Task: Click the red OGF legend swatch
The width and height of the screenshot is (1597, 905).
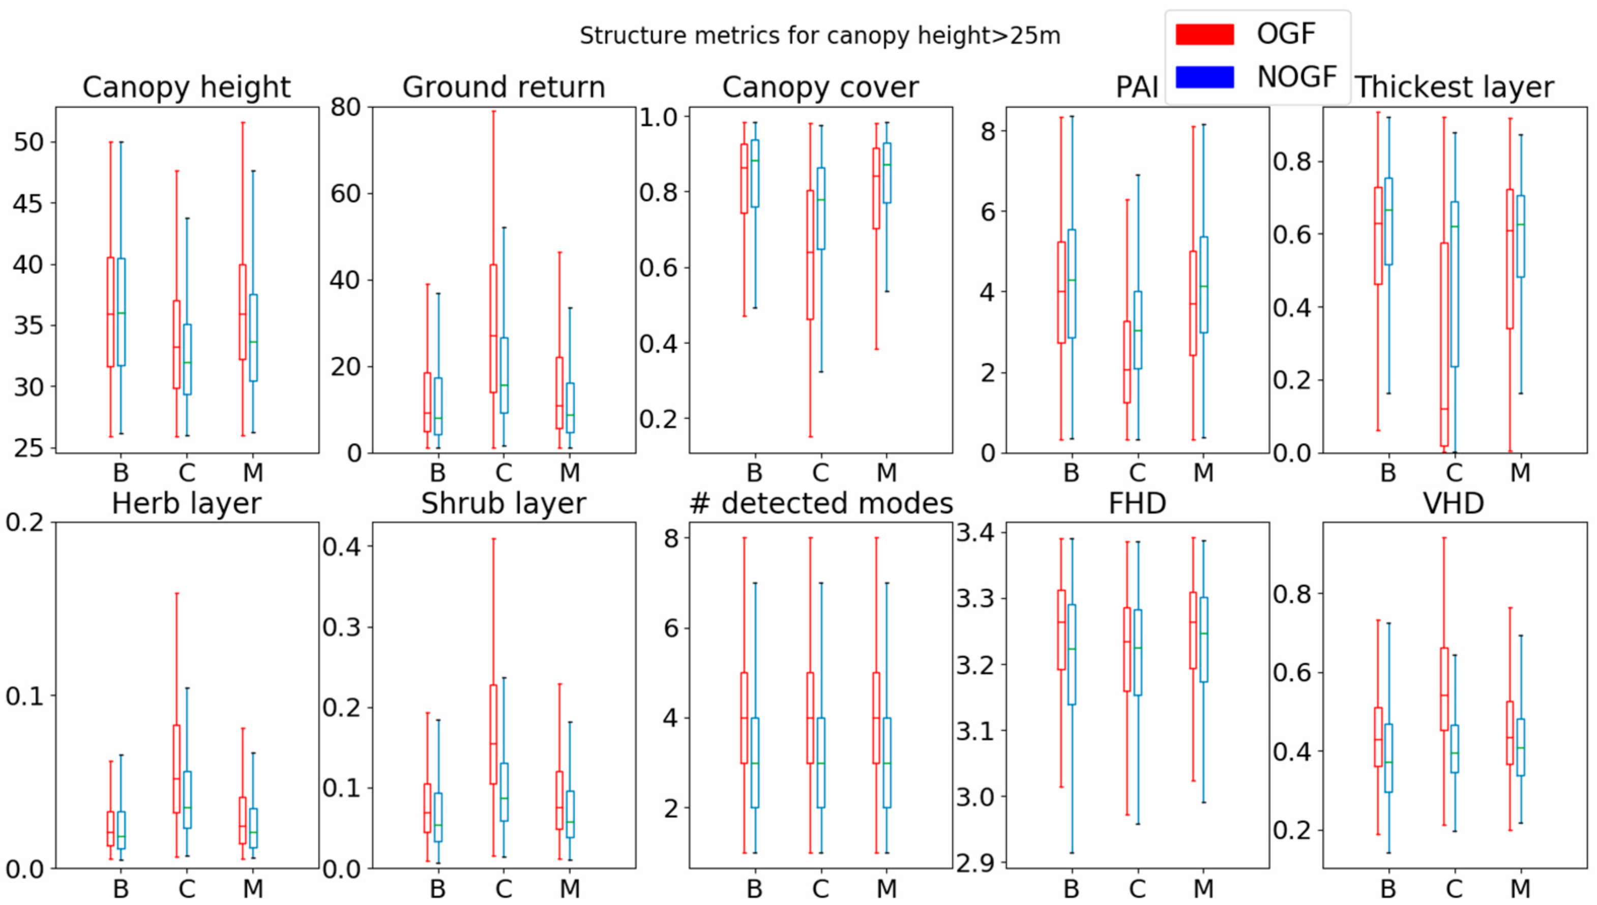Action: coord(1204,34)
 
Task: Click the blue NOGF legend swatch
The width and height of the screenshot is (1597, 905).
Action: coord(1204,77)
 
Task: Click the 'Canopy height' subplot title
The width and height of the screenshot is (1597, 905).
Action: coord(187,87)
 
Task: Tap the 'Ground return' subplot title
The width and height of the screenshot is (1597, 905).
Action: coord(504,87)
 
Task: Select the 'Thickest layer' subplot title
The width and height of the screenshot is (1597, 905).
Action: coord(1455,87)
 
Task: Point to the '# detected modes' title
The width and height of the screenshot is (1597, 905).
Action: coord(820,503)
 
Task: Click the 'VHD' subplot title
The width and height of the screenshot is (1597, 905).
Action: coord(1454,503)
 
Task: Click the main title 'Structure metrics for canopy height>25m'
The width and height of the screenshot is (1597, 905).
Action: coord(819,36)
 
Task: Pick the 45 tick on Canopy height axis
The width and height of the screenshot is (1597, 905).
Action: coord(28,203)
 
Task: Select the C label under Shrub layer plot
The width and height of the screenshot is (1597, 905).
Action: coord(504,888)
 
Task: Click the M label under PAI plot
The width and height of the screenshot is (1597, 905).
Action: coord(1203,473)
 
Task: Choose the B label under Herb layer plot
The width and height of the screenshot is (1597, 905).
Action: coord(121,888)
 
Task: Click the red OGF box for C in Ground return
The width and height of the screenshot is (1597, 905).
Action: coord(493,328)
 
